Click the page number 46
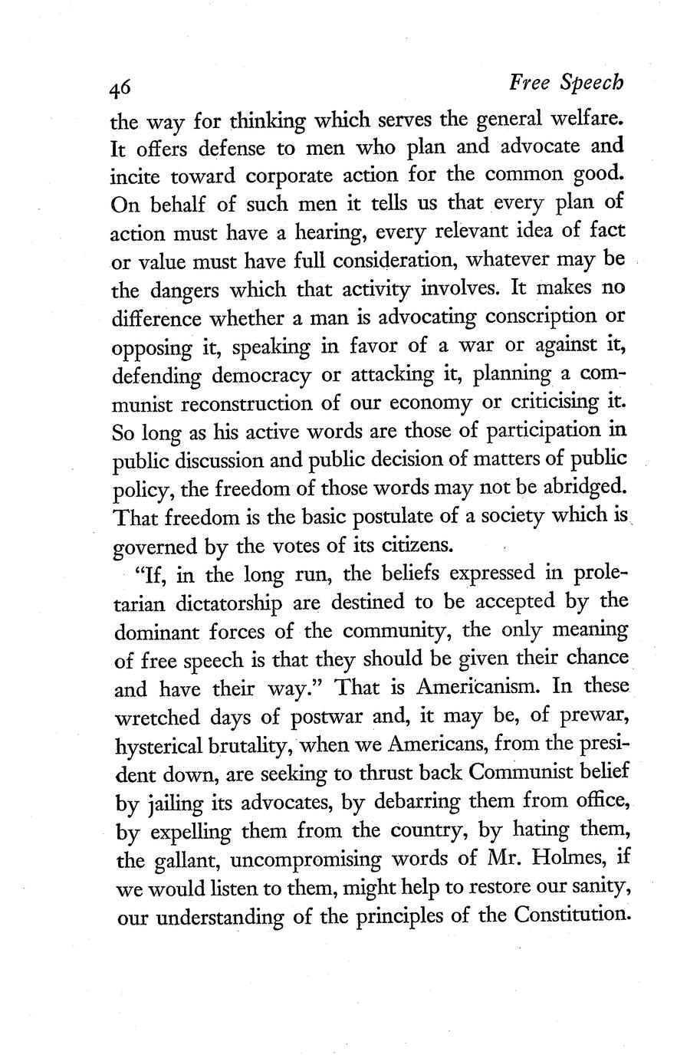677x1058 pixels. (120, 89)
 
